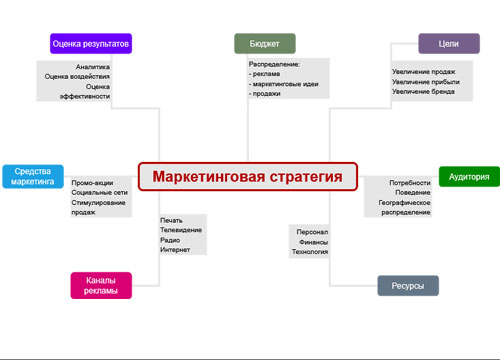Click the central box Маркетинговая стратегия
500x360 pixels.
click(x=247, y=177)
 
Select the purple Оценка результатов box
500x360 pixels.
click(x=92, y=44)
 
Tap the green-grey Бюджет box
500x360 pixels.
click(x=264, y=44)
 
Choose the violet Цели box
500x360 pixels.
click(x=441, y=44)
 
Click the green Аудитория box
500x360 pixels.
click(x=468, y=177)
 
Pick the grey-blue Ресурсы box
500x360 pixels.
click(x=407, y=286)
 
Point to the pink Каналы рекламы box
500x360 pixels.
click(x=102, y=285)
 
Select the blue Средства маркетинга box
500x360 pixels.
click(x=33, y=177)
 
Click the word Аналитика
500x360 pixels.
click(x=93, y=67)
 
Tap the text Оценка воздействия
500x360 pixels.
click(x=78, y=76)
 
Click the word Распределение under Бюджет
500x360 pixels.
click(x=275, y=64)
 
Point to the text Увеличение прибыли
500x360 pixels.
click(x=423, y=82)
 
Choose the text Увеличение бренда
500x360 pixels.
click(x=423, y=92)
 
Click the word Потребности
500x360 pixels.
click(x=411, y=183)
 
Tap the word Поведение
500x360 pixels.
click(x=413, y=193)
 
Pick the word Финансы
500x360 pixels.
click(x=313, y=241)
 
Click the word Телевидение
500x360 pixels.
click(x=181, y=230)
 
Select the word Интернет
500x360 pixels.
click(x=175, y=250)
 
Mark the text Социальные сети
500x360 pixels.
click(x=98, y=193)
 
